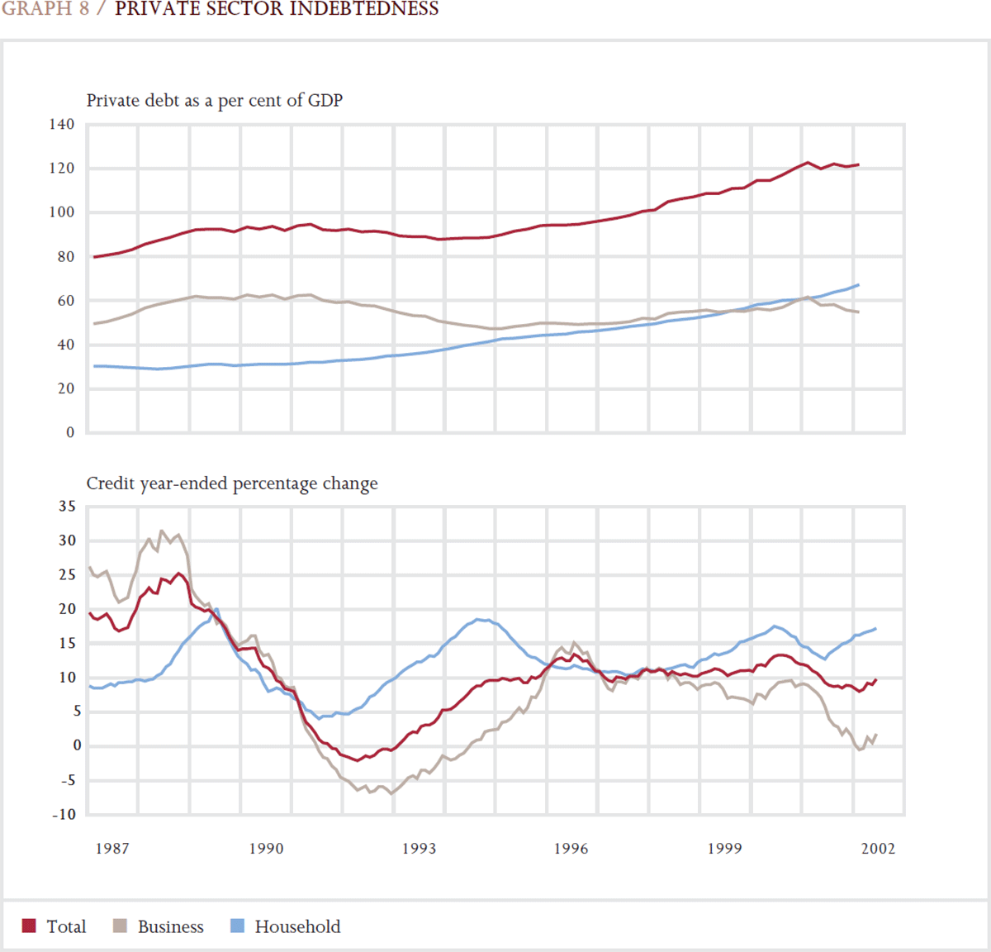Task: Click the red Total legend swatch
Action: pos(29,926)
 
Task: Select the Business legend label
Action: pos(170,926)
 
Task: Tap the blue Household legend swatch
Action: pos(237,926)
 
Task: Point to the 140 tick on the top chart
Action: pos(61,124)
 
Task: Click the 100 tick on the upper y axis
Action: pos(61,212)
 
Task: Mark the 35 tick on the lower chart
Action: pos(67,507)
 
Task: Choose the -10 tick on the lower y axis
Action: pos(64,814)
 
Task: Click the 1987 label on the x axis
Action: pos(111,849)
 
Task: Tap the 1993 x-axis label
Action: pos(419,849)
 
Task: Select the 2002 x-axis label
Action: pos(878,849)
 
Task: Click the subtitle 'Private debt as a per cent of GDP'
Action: pos(215,100)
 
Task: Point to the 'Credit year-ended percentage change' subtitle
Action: pos(232,483)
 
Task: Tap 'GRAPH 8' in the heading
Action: pos(45,9)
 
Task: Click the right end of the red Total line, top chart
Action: pos(858,164)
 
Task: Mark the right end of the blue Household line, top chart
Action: pos(858,285)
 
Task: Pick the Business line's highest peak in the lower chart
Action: pos(162,531)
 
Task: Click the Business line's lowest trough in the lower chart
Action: pos(391,793)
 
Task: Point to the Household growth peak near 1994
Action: pos(480,619)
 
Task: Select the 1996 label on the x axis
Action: pos(571,849)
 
